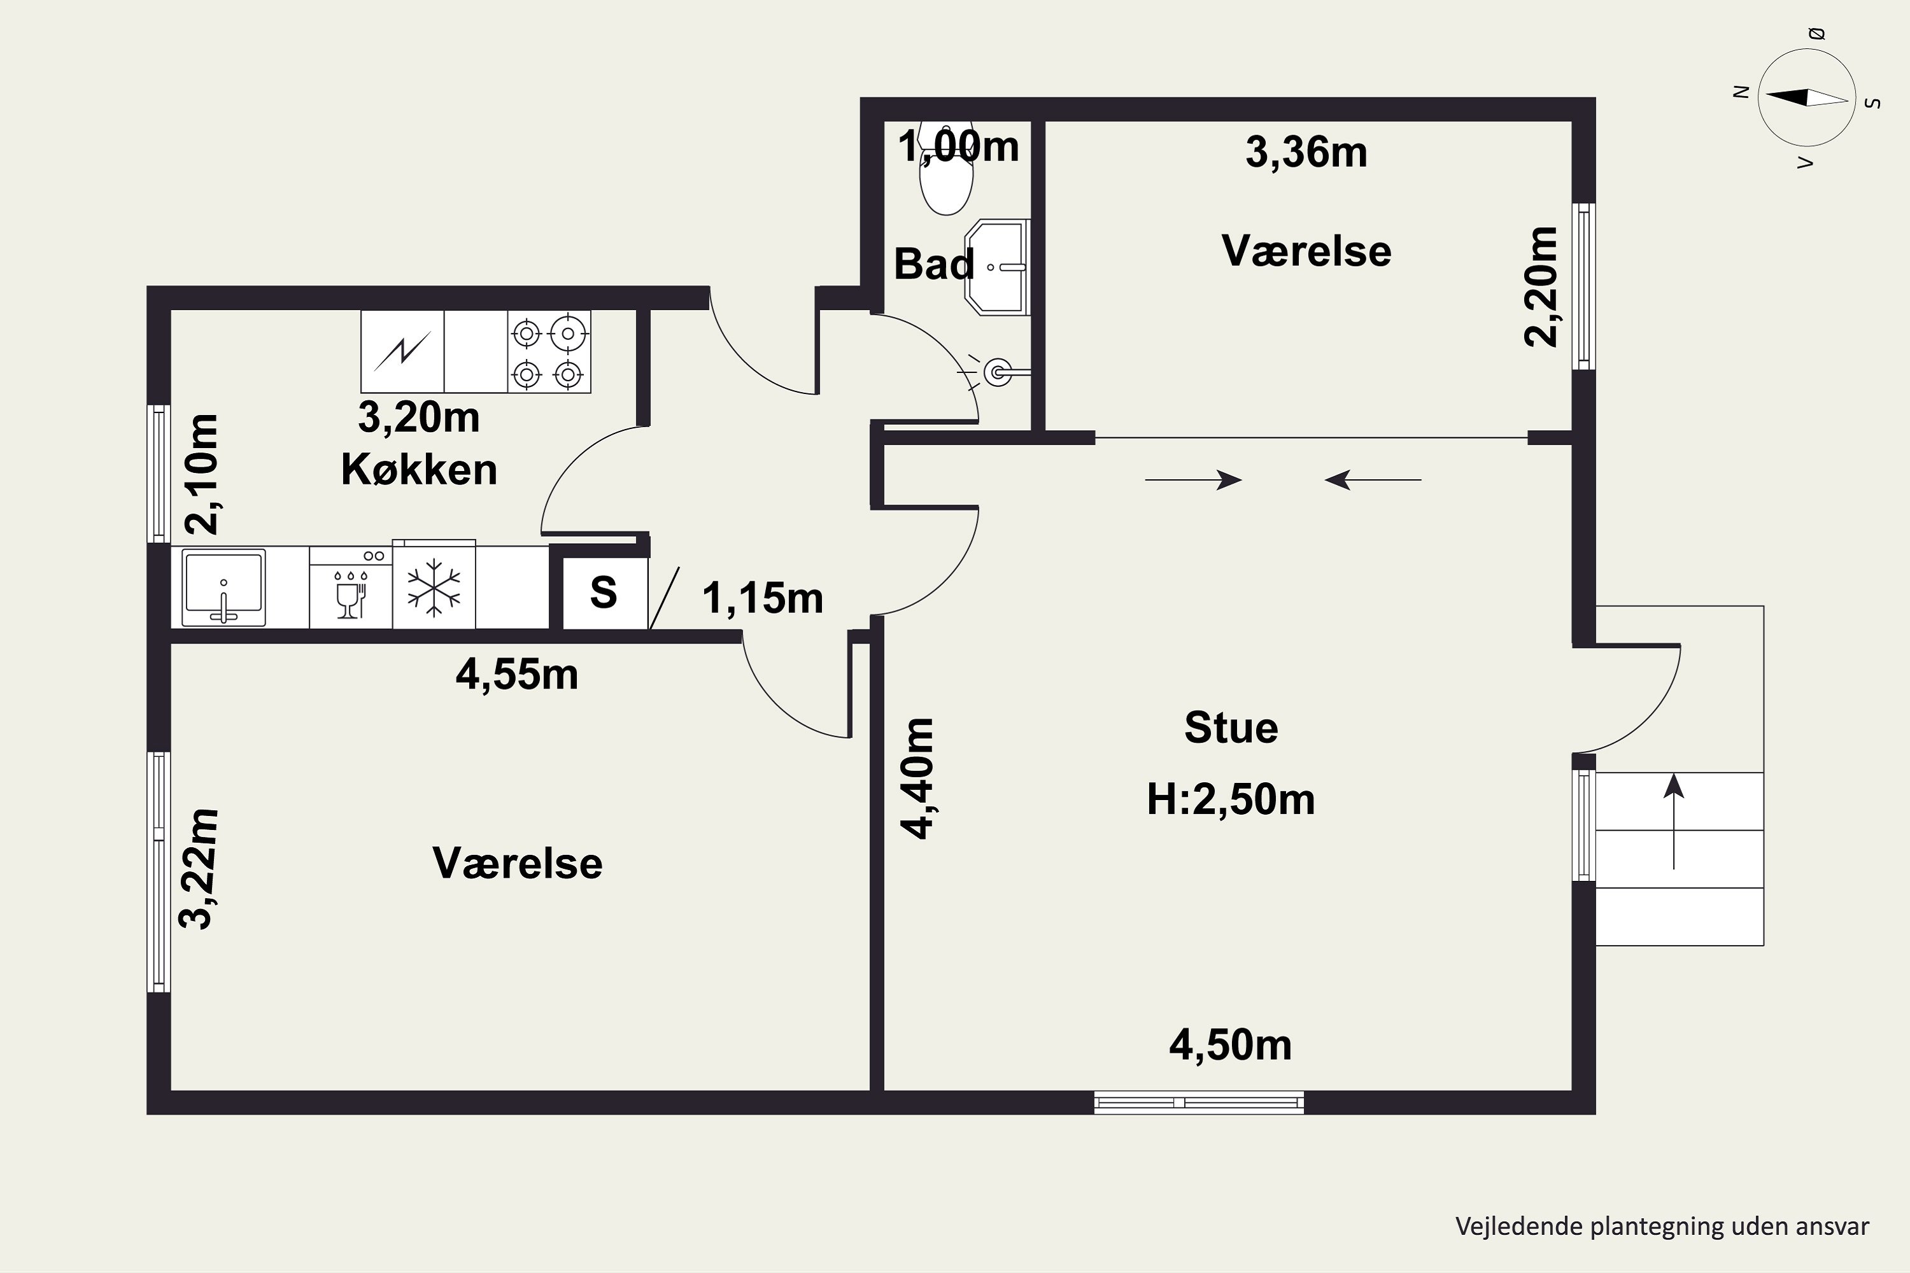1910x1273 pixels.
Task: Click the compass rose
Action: pos(1807,97)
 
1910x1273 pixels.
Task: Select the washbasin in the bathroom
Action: pos(997,266)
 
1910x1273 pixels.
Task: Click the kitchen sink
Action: pos(223,587)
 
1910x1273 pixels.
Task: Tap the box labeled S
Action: pos(604,593)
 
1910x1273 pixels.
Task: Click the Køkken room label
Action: pos(419,469)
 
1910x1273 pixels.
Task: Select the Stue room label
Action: pos(1231,728)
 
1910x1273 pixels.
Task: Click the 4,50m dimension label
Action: pos(1230,1045)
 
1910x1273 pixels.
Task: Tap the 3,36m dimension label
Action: pos(1306,153)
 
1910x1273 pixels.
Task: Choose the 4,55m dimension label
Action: pos(517,675)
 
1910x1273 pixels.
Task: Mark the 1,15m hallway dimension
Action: pos(763,598)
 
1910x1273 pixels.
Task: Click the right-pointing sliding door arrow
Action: pos(1194,480)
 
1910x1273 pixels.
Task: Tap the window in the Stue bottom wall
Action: pos(1199,1102)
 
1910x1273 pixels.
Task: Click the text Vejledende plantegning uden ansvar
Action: pos(1662,1226)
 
